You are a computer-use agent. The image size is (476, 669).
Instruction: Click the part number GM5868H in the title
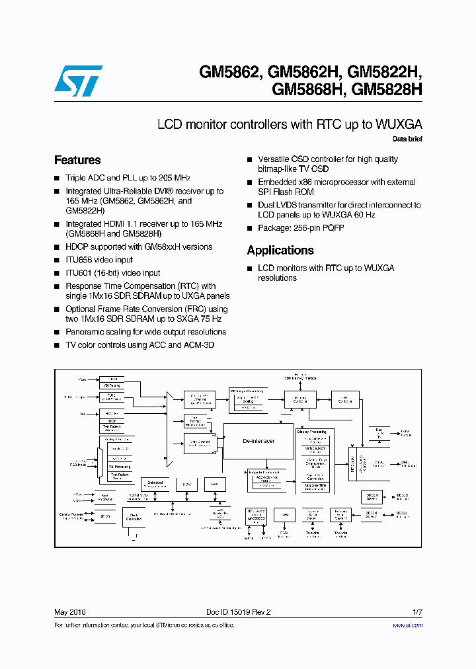[308, 89]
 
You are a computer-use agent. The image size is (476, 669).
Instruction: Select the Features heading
[77, 160]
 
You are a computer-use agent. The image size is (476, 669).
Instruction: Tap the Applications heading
[280, 251]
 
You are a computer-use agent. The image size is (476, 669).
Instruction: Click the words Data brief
[407, 139]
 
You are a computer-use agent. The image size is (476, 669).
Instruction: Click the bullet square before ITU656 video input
[57, 260]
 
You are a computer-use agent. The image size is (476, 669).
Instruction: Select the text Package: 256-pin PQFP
[301, 228]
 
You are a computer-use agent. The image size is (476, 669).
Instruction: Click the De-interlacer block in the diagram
[258, 441]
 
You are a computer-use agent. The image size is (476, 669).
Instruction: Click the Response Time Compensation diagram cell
[313, 487]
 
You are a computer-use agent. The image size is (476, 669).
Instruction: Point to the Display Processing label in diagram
[311, 432]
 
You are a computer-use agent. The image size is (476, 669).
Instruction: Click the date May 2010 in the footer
[69, 612]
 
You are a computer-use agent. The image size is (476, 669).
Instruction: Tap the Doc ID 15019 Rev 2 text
[233, 612]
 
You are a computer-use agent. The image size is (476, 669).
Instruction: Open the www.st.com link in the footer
[407, 625]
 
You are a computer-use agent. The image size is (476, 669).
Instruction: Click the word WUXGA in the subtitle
[399, 124]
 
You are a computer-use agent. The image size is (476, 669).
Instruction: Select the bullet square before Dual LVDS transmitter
[250, 206]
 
